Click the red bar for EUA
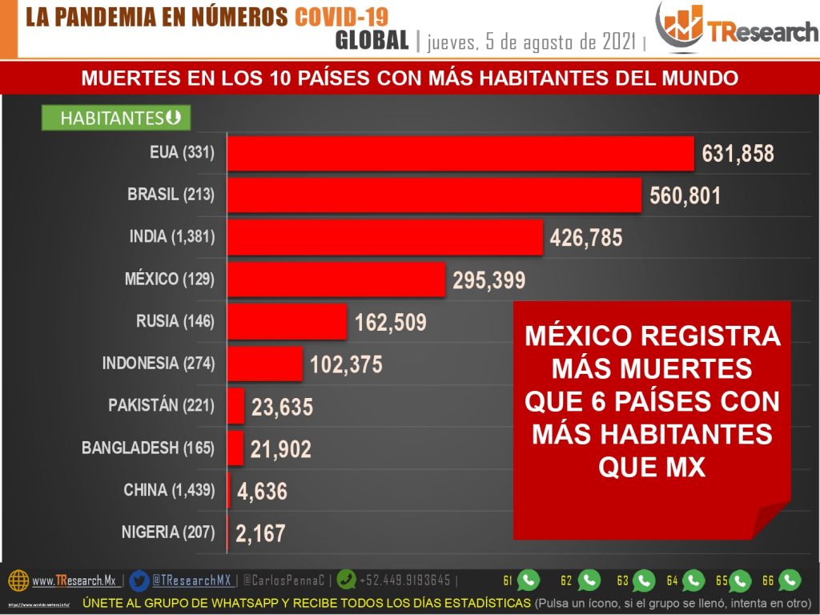460,153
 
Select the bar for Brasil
434,195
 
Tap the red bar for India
385,237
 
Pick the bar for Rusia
287,321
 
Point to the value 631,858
738,154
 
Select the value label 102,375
346,365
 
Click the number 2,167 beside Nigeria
259,533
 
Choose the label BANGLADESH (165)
148,448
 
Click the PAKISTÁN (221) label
162,405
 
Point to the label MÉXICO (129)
170,279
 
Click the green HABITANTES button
115,119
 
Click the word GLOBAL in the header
372,40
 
